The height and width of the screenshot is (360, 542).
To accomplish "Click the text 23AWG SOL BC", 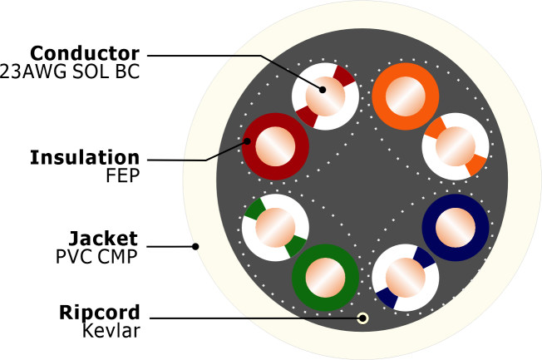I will point(81,72).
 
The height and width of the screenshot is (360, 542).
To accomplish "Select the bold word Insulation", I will point(85,157).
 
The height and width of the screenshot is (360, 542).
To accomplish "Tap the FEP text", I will point(122,175).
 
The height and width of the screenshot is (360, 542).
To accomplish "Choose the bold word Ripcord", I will point(99,313).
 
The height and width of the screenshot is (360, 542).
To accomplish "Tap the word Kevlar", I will point(111,331).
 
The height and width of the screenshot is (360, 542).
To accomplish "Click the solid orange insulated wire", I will point(404,96).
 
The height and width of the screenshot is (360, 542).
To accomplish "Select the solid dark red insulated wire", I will point(275,147).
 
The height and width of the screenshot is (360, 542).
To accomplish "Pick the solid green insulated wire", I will point(325,277).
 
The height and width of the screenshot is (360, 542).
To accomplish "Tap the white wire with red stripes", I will point(325,96).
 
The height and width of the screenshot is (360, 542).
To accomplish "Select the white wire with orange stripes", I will point(455,147).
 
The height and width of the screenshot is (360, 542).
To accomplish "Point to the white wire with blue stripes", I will point(404,277).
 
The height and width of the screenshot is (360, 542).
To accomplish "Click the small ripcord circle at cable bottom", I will point(362,318).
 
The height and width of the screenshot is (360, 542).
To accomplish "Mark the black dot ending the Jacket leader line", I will point(195,246).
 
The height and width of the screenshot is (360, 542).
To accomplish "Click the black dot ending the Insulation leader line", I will point(247,142).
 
